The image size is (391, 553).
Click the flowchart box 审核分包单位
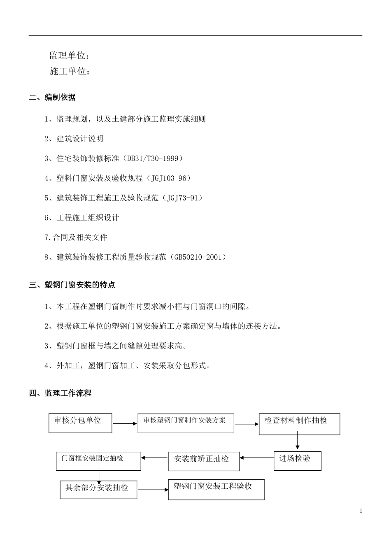tap(80, 423)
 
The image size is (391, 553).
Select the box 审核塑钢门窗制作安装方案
tap(186, 423)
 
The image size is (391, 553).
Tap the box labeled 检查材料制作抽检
tap(299, 424)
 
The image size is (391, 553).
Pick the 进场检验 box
tap(297, 461)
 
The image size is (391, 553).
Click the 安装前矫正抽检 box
tap(204, 461)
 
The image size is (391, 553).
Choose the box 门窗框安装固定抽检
tap(98, 461)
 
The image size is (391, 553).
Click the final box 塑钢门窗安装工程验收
tap(216, 489)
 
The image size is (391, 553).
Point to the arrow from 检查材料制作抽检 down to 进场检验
tap(297, 443)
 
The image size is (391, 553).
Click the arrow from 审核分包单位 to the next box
tap(125, 423)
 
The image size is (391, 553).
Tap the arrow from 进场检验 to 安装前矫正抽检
tap(257, 458)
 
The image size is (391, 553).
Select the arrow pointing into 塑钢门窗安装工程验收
tap(153, 490)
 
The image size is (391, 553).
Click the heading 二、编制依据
tap(52, 98)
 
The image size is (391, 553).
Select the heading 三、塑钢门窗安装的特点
tap(72, 285)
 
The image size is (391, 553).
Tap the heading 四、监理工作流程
tap(60, 393)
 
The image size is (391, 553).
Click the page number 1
tap(361, 511)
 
